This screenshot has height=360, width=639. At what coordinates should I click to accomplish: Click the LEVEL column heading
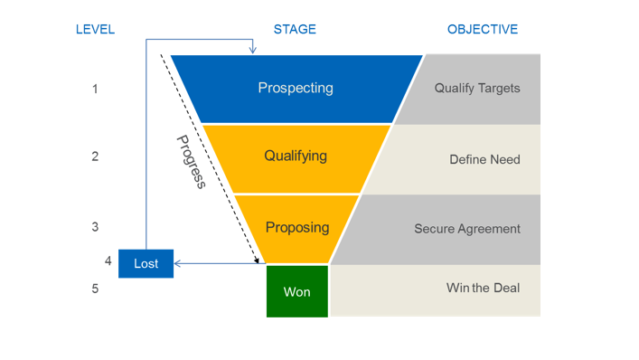pyautogui.click(x=95, y=29)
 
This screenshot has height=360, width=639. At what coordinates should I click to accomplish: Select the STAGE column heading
pyautogui.click(x=295, y=29)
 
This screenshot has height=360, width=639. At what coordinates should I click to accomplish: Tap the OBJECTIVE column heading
pyautogui.click(x=483, y=29)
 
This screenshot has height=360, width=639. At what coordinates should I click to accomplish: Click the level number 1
pyautogui.click(x=95, y=89)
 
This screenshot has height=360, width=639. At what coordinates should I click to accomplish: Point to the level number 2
pyautogui.click(x=95, y=156)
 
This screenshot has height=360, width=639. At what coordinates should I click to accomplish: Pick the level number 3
pyautogui.click(x=95, y=226)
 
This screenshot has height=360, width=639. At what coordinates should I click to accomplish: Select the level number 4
pyautogui.click(x=108, y=261)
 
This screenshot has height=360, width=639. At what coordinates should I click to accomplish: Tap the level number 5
pyautogui.click(x=95, y=289)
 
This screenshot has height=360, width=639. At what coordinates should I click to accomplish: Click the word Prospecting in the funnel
pyautogui.click(x=296, y=88)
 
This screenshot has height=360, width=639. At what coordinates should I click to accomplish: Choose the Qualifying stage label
pyautogui.click(x=296, y=156)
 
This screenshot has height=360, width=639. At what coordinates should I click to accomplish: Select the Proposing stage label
pyautogui.click(x=296, y=227)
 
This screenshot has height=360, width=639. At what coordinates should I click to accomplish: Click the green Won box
pyautogui.click(x=297, y=291)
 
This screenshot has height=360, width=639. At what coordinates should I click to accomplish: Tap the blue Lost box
pyautogui.click(x=146, y=263)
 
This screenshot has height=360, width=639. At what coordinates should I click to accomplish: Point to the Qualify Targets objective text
pyautogui.click(x=477, y=89)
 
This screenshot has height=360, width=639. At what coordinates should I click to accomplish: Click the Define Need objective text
pyautogui.click(x=484, y=159)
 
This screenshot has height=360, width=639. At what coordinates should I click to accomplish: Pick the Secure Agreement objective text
pyautogui.click(x=467, y=229)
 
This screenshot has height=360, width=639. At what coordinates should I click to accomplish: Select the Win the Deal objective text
pyautogui.click(x=483, y=288)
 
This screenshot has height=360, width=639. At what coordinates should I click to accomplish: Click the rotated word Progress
pyautogui.click(x=191, y=162)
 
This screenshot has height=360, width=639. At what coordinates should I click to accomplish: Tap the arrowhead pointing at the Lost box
pyautogui.click(x=178, y=263)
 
